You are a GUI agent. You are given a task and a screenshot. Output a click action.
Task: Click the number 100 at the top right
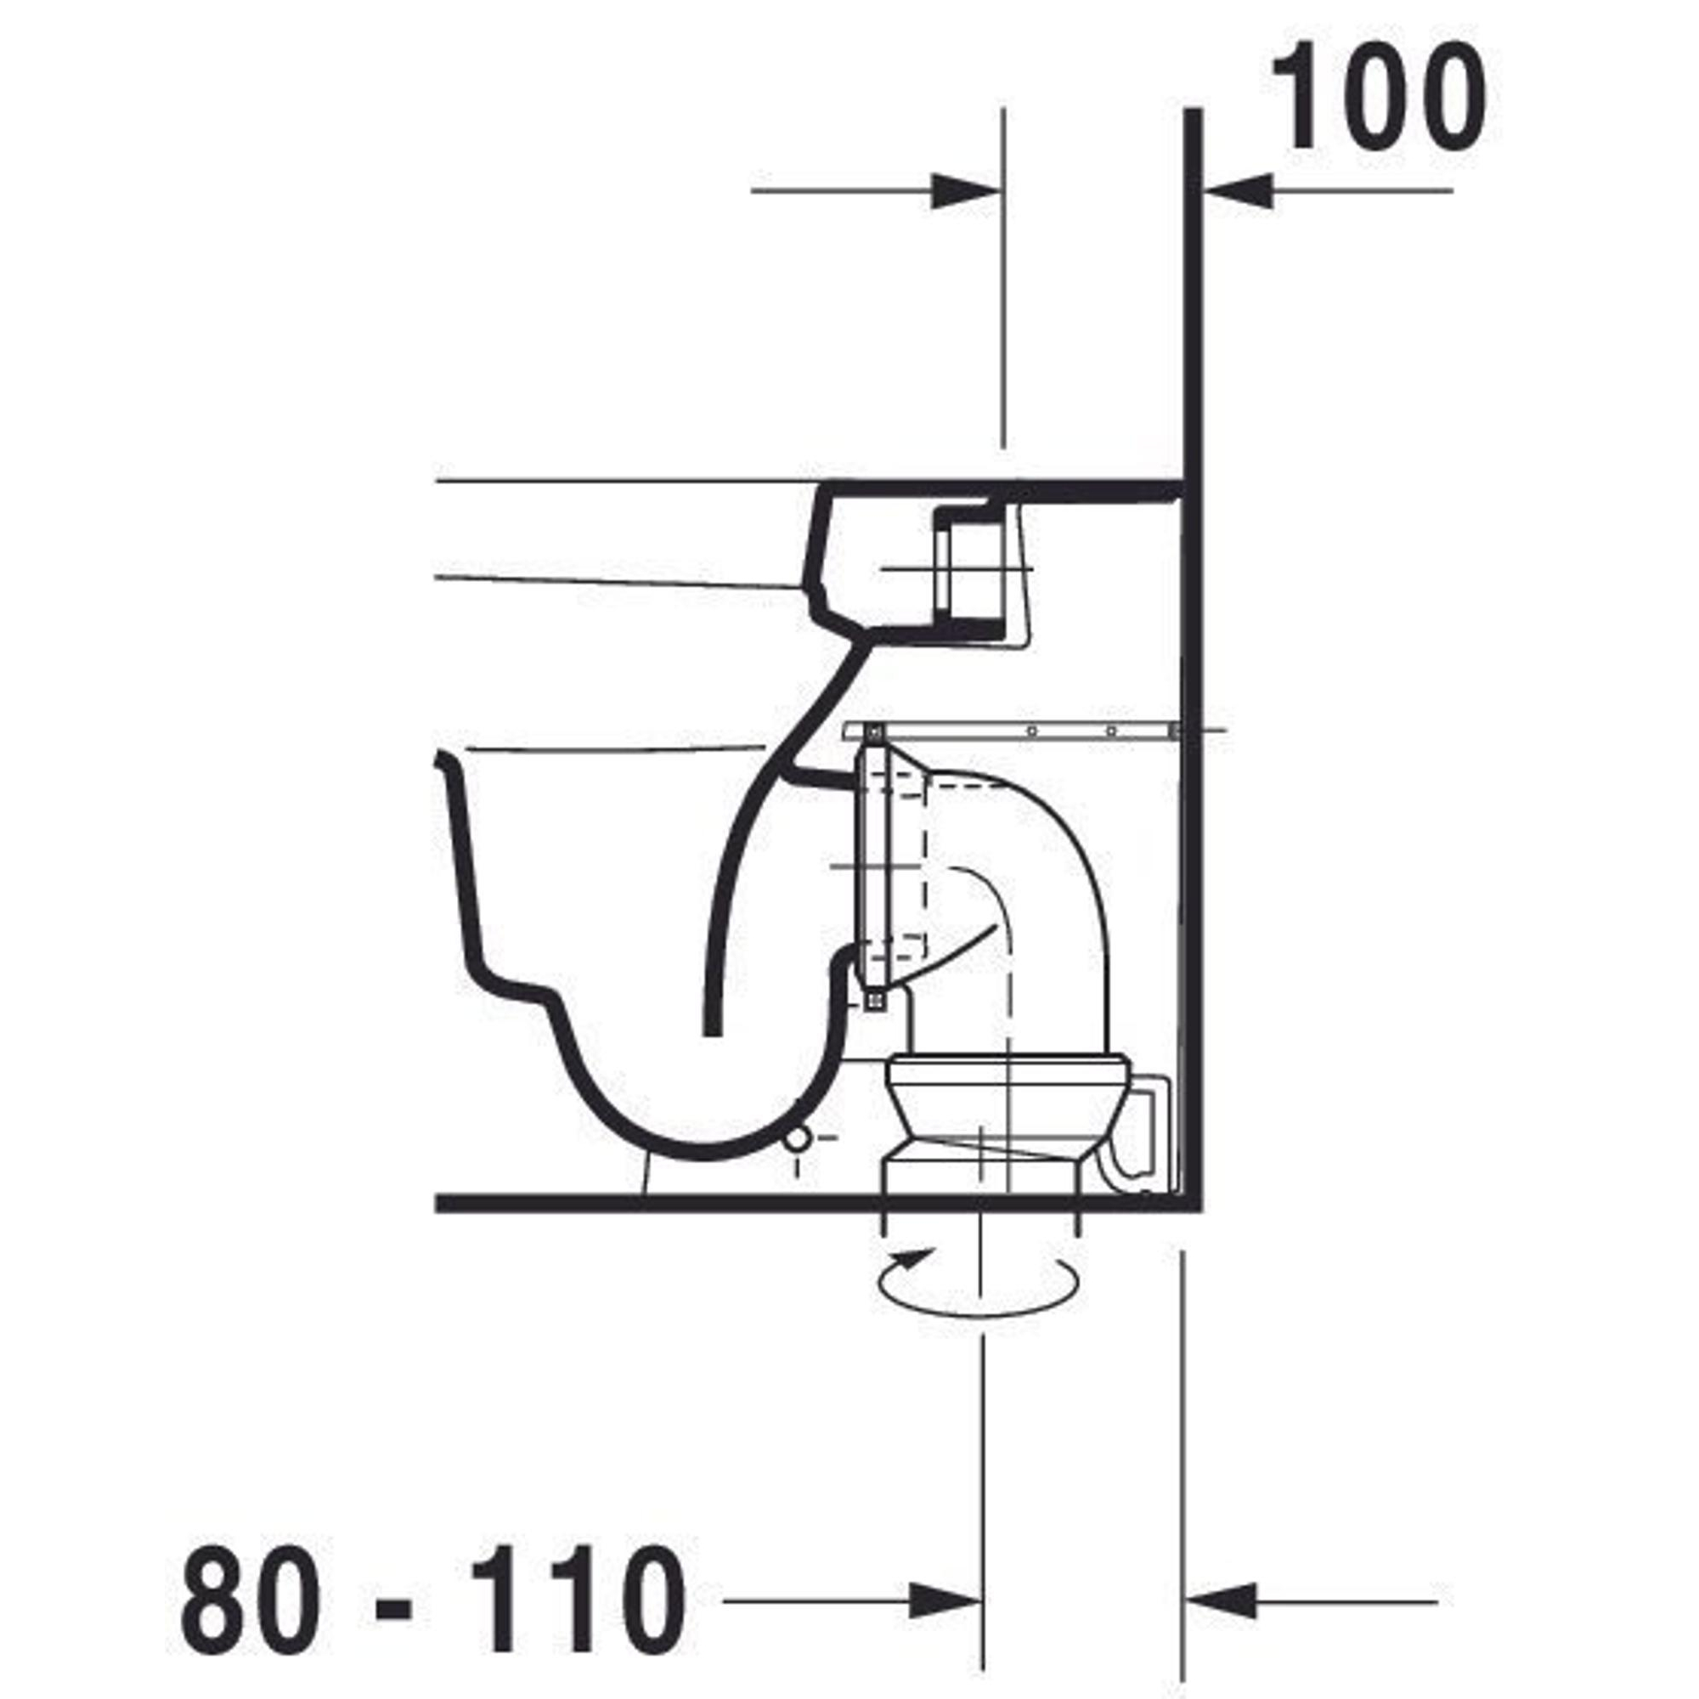coord(1378,96)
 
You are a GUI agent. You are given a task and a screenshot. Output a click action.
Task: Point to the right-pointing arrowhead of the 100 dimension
coord(967,191)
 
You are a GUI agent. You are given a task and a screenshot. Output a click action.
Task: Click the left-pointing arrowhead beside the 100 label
coord(1238,191)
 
